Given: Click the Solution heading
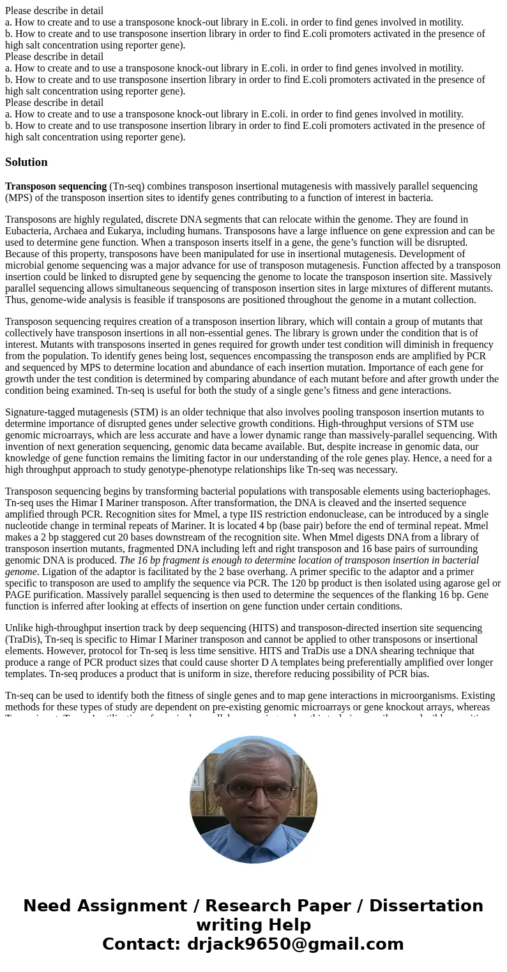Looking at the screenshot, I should click(x=26, y=162).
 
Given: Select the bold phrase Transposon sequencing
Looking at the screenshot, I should click(x=56, y=186).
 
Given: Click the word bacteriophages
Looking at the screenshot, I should click(x=456, y=491).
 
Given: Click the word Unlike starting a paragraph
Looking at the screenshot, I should click(x=19, y=628).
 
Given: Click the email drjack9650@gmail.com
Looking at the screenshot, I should click(x=295, y=945).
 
